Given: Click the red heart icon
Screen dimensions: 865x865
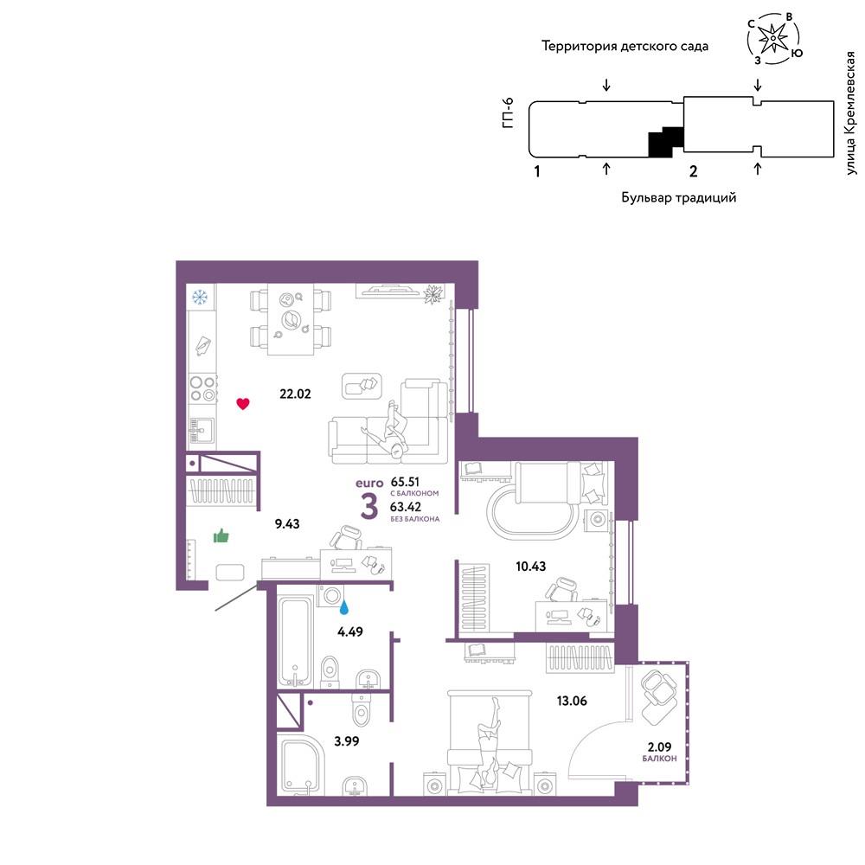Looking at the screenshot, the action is [243, 403].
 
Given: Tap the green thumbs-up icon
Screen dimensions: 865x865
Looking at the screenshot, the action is [221, 535].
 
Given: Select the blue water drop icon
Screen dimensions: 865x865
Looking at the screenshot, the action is [343, 607].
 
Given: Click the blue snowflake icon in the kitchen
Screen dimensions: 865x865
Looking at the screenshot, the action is [200, 298].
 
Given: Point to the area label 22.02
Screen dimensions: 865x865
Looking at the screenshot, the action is [295, 394].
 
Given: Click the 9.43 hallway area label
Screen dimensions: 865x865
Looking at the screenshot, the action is [287, 523].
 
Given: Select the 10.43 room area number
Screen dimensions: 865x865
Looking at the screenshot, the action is [531, 566].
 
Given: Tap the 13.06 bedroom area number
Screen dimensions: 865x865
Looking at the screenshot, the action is [572, 701].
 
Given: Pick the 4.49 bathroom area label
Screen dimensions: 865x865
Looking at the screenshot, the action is [350, 631].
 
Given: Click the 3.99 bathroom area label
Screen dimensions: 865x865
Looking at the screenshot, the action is [347, 741].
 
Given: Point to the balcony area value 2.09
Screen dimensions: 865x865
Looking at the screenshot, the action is [659, 747].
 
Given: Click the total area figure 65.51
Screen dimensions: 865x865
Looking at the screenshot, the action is [405, 482].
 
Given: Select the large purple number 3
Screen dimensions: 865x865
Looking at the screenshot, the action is [369, 507].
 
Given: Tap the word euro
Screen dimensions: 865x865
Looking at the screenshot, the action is [369, 484].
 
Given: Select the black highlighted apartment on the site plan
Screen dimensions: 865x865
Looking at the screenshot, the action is [664, 143].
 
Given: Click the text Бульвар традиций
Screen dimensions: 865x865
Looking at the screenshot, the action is [678, 197].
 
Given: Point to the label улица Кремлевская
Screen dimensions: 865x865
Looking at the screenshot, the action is [850, 113].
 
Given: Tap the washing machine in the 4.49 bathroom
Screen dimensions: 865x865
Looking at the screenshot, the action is [330, 596].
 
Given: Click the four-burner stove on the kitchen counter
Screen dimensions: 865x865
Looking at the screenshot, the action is [202, 388].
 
